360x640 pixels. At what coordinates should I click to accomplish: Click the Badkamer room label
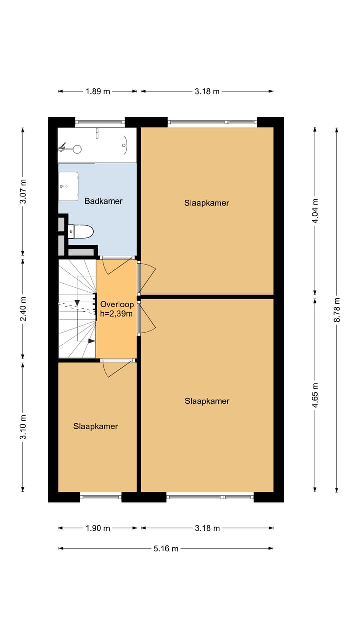[103, 201]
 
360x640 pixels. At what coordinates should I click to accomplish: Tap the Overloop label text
[117, 304]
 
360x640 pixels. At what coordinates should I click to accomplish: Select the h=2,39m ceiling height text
[116, 314]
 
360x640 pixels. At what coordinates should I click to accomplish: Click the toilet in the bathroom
[81, 231]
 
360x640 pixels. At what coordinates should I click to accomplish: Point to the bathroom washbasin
[68, 186]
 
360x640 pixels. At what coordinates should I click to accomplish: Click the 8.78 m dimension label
[337, 310]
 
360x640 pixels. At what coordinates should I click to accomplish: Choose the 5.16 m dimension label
[166, 548]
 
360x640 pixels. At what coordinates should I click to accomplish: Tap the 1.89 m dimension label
[98, 91]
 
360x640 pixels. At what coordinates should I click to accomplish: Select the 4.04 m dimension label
[315, 211]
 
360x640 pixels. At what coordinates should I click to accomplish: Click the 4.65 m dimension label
[315, 395]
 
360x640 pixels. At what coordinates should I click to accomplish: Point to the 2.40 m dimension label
[23, 309]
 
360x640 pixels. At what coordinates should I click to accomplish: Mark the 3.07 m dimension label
[23, 191]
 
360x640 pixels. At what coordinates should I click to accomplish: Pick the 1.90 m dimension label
[98, 528]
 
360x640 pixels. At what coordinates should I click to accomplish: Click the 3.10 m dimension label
[23, 427]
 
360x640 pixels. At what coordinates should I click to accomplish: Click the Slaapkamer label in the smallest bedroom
[95, 426]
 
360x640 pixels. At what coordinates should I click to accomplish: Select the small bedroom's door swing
[119, 369]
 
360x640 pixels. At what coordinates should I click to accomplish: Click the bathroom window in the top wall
[100, 122]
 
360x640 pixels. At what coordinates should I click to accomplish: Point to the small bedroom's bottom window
[101, 497]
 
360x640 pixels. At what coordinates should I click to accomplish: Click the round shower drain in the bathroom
[77, 149]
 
